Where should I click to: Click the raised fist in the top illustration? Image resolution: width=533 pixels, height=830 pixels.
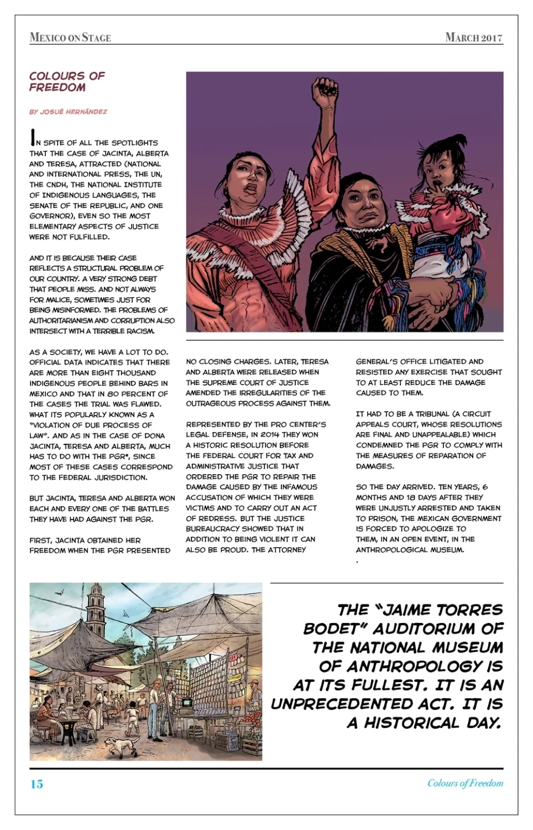[325, 91]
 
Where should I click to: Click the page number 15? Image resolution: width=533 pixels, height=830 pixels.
[36, 784]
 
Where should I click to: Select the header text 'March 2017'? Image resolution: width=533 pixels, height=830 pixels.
[474, 38]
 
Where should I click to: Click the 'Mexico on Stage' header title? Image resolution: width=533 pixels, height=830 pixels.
[70, 38]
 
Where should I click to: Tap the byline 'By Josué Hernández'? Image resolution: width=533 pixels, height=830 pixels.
[68, 112]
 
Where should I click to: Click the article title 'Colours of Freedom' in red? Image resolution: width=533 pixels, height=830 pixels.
[67, 81]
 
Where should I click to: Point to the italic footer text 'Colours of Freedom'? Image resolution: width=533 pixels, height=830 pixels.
[465, 783]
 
